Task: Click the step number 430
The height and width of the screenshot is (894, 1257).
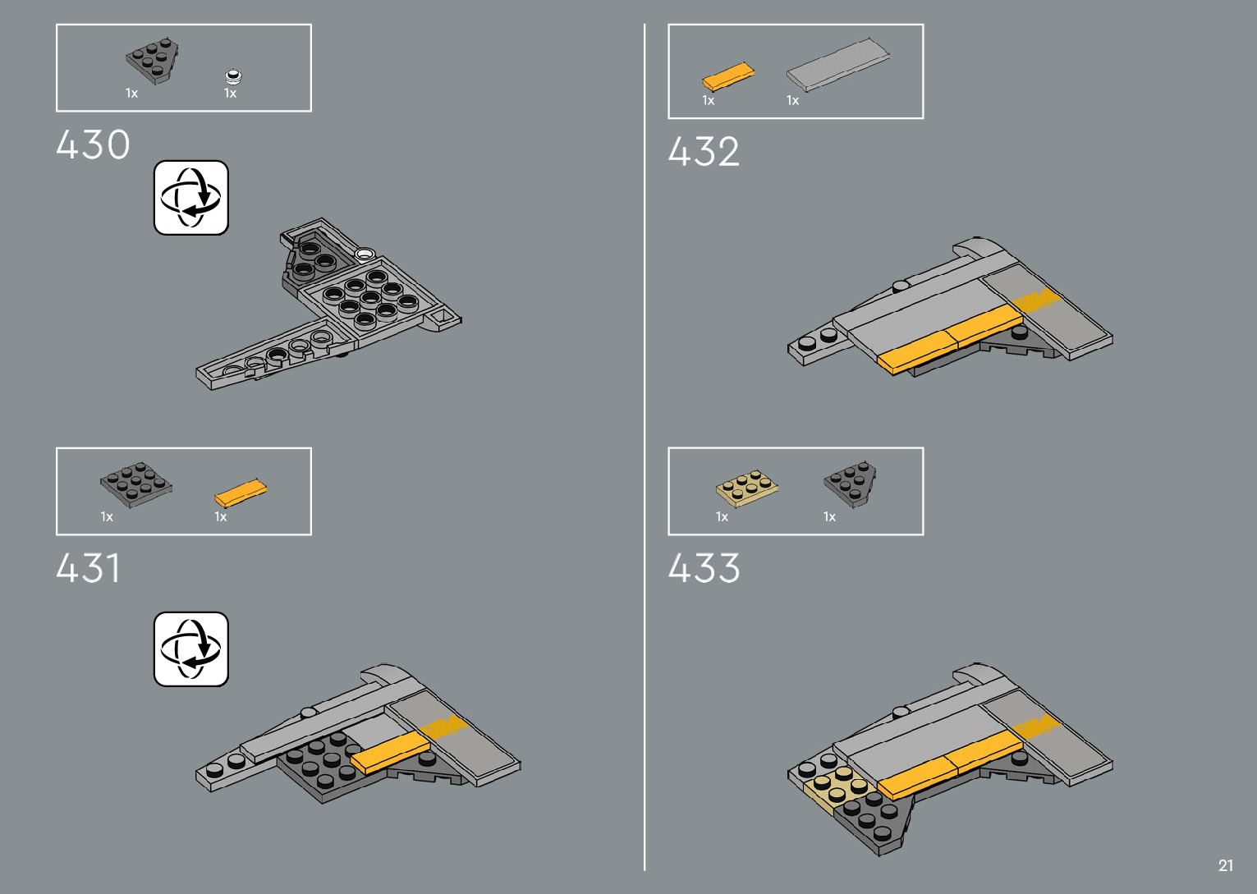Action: pyautogui.click(x=93, y=145)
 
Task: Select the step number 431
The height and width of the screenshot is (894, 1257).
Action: pyautogui.click(x=88, y=568)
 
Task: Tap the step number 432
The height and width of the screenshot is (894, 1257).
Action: pyautogui.click(x=704, y=152)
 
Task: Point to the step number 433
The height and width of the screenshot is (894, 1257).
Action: pyautogui.click(x=704, y=568)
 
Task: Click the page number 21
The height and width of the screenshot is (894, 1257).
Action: pyautogui.click(x=1226, y=865)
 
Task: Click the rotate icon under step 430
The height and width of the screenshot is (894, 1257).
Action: pyautogui.click(x=191, y=198)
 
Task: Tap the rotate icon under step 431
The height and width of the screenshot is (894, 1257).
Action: pyautogui.click(x=191, y=649)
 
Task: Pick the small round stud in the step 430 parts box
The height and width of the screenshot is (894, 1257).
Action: pyautogui.click(x=234, y=77)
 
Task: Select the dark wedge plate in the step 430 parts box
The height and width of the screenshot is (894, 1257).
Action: pyautogui.click(x=154, y=60)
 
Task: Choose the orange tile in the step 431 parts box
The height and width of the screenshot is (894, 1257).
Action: pyautogui.click(x=241, y=493)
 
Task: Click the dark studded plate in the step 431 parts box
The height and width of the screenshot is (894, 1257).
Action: pyautogui.click(x=135, y=484)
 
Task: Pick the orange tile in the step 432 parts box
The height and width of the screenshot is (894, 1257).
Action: pyautogui.click(x=728, y=76)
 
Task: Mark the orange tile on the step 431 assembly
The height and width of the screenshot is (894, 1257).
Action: pyautogui.click(x=391, y=752)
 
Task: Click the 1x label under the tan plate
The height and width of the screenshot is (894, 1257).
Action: pyautogui.click(x=722, y=517)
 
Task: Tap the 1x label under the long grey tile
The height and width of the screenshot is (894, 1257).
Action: pyautogui.click(x=792, y=101)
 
